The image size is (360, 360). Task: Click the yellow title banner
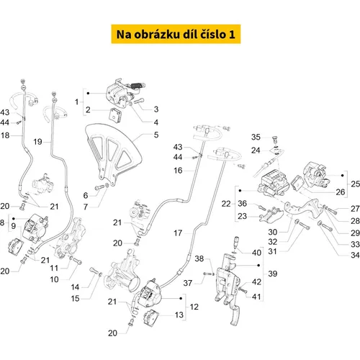pyautogui.click(x=176, y=34)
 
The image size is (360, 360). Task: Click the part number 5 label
pyautogui.click(x=156, y=135)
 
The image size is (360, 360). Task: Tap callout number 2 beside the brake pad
pyautogui.click(x=88, y=110)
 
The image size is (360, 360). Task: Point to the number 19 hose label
pyautogui.click(x=37, y=142)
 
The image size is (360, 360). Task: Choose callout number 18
pyautogui.click(x=5, y=135)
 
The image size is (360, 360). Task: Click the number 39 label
pyautogui.click(x=273, y=274)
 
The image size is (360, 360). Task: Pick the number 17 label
pyautogui.click(x=178, y=233)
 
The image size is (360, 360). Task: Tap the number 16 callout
pyautogui.click(x=178, y=171)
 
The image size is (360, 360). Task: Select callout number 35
pyautogui.click(x=256, y=137)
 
